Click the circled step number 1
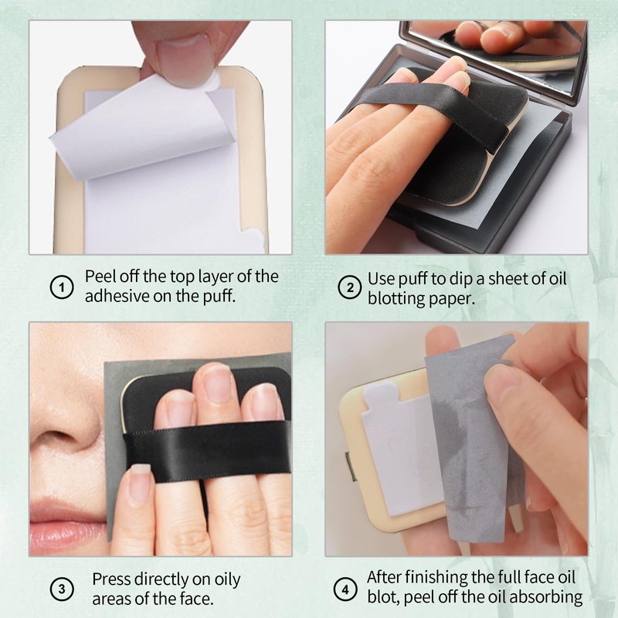click(62, 287)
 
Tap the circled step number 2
click(350, 287)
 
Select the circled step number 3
click(62, 589)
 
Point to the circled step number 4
click(345, 589)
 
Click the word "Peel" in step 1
click(99, 277)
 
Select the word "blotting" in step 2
click(396, 298)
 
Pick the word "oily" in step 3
click(227, 580)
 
